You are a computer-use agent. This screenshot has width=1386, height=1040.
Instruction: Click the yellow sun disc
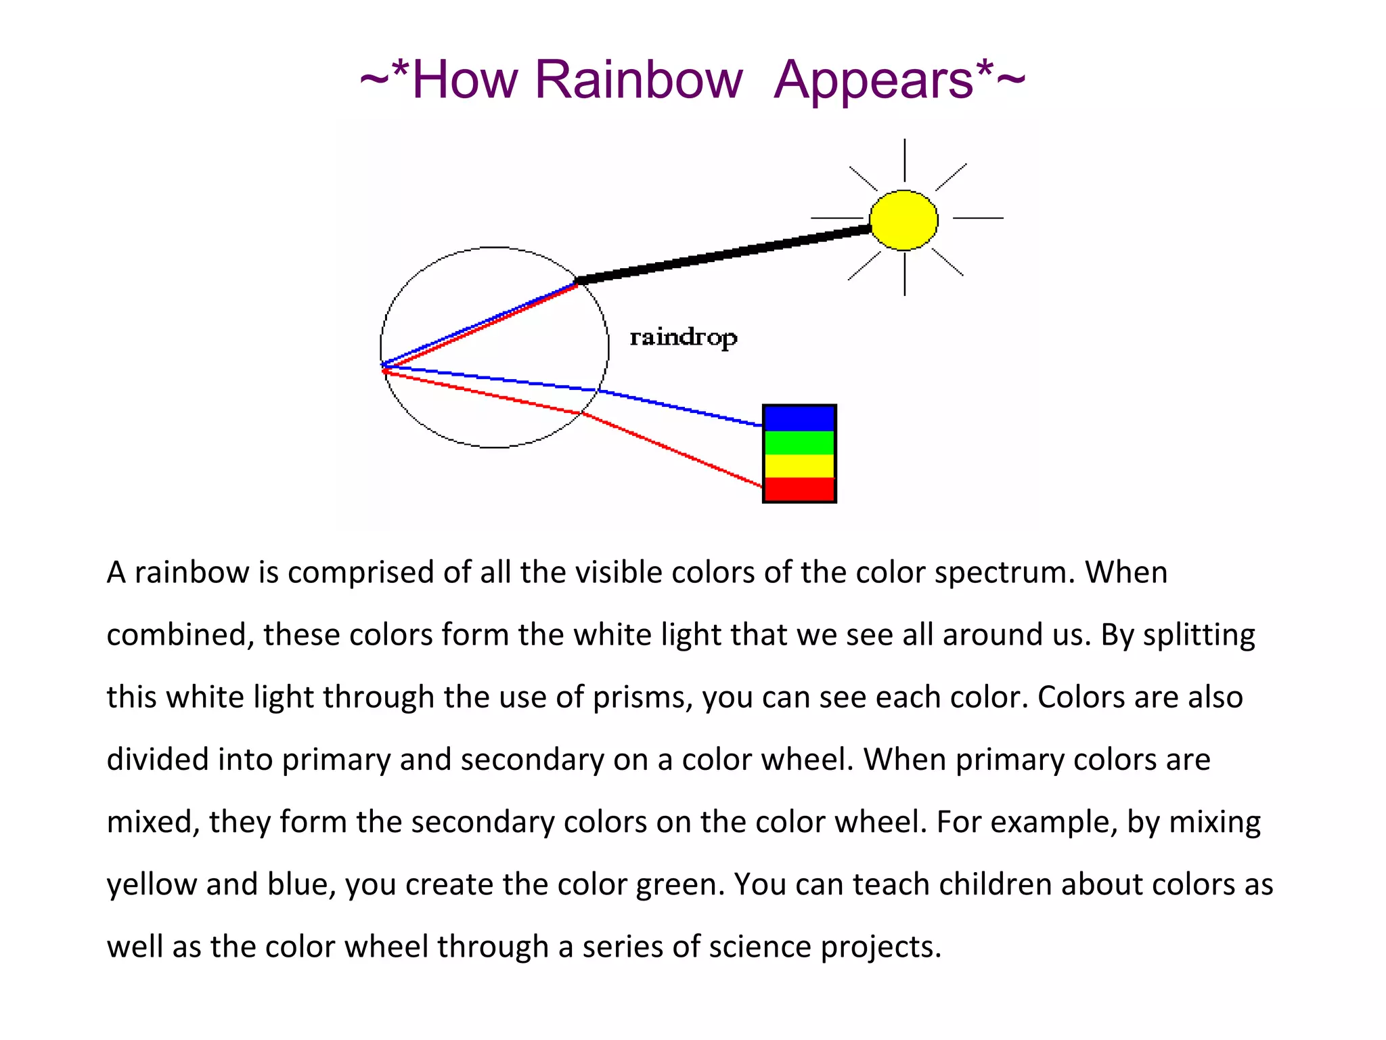click(x=903, y=220)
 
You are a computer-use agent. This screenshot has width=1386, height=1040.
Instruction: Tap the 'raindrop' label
click(x=683, y=337)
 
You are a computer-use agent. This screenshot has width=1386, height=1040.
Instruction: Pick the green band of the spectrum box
click(x=799, y=443)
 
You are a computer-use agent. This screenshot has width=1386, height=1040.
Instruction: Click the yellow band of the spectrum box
click(x=799, y=466)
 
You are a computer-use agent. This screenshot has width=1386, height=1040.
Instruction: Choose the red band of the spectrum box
click(x=799, y=489)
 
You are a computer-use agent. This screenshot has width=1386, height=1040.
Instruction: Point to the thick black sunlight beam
click(x=724, y=255)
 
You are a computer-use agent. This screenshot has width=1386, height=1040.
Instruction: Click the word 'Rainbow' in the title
click(x=638, y=80)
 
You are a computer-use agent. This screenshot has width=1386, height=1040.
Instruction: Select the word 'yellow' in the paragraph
click(x=152, y=885)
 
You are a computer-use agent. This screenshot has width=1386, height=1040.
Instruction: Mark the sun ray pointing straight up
click(x=905, y=160)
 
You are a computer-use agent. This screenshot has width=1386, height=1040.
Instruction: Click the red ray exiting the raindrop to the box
click(x=673, y=450)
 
